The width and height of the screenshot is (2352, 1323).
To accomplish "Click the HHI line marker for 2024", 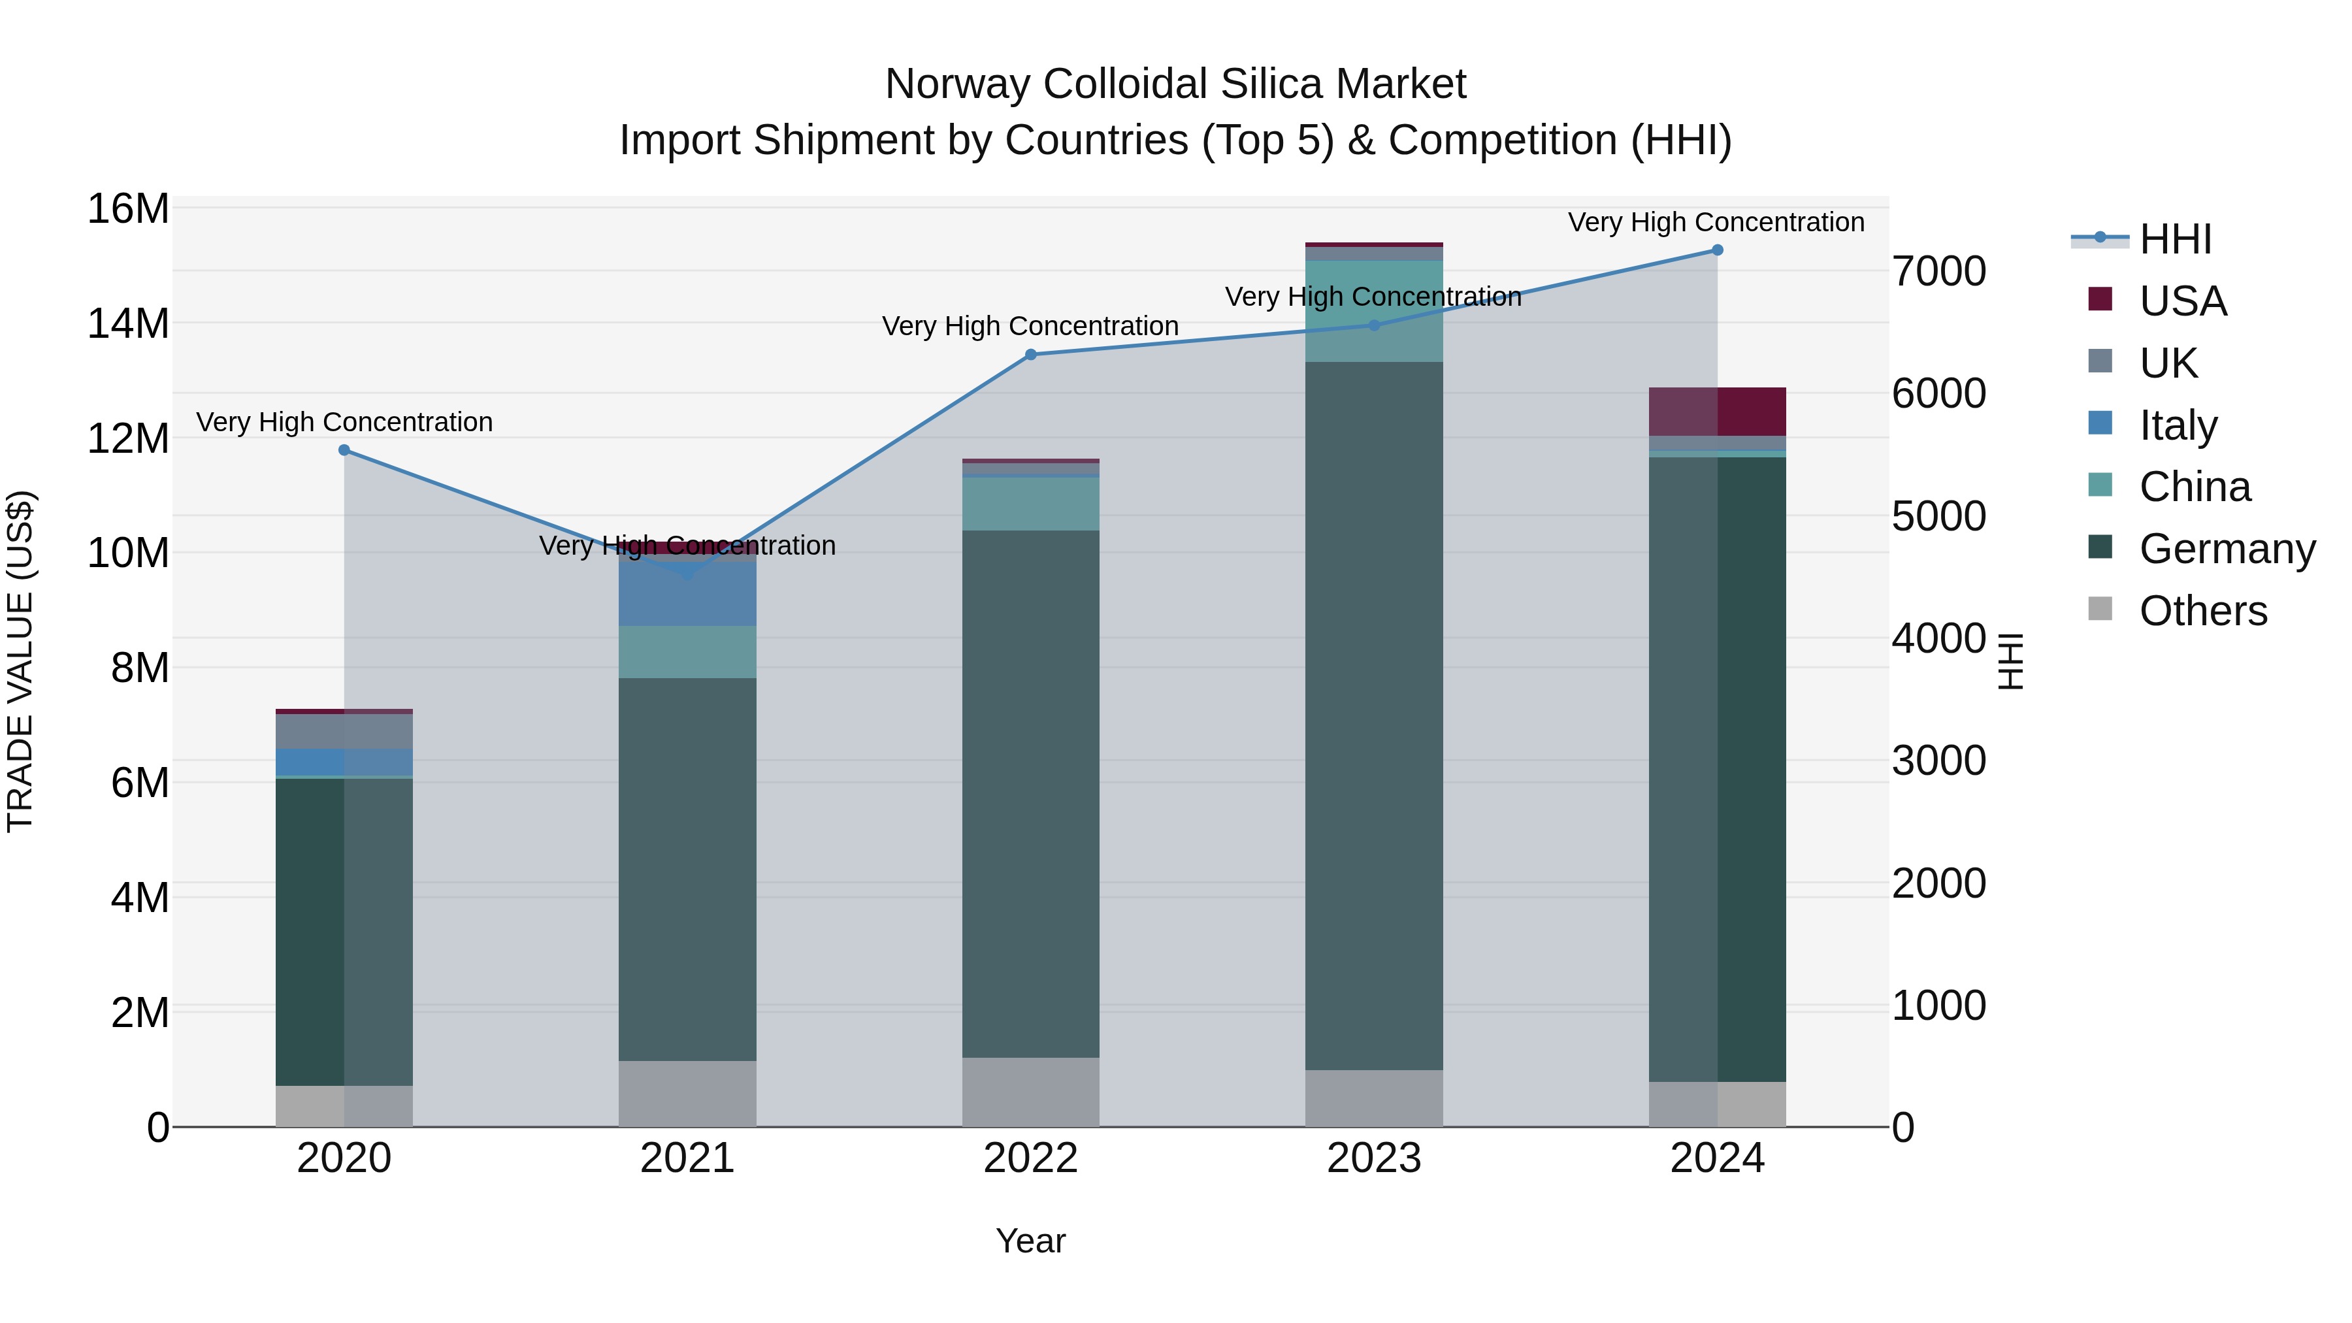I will (x=1716, y=250).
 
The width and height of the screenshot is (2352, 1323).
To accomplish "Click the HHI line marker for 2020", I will (x=344, y=450).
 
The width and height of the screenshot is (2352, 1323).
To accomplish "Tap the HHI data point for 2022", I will (x=1031, y=354).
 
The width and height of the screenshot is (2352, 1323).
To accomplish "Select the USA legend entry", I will (x=2182, y=301).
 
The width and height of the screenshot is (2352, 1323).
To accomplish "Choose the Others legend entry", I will (x=2202, y=611).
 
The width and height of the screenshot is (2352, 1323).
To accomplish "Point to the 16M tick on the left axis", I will (x=128, y=208).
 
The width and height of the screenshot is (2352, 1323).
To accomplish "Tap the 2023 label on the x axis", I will (x=1373, y=1158).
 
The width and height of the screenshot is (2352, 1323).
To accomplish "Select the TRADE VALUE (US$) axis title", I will (x=20, y=661).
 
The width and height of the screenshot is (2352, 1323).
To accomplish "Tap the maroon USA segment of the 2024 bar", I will (x=1716, y=412).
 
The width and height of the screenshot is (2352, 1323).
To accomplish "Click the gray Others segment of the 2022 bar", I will (x=1031, y=1092).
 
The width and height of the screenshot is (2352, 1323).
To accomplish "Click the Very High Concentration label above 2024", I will (x=1716, y=222).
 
